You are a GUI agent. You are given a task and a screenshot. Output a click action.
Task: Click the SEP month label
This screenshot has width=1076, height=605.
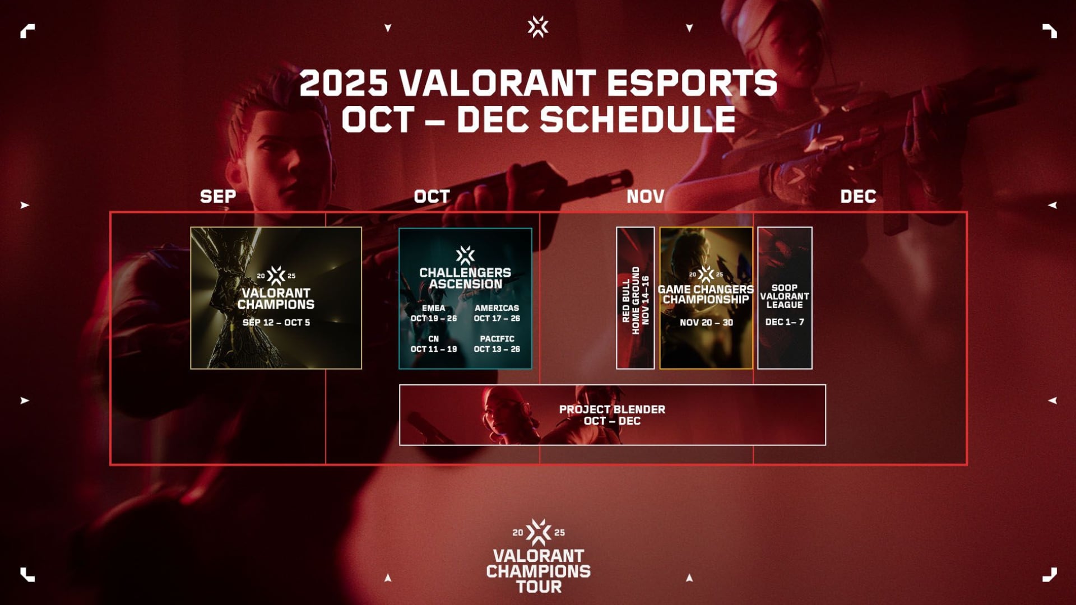click(x=218, y=197)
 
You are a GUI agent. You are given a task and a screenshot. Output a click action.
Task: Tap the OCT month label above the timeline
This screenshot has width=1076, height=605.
click(x=432, y=197)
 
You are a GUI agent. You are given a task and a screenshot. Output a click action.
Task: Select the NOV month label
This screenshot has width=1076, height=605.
click(x=645, y=197)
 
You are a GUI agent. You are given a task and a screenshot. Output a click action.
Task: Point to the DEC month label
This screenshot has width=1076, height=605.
click(x=858, y=197)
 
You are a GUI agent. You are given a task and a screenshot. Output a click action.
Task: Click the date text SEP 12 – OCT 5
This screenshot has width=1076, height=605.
click(x=276, y=323)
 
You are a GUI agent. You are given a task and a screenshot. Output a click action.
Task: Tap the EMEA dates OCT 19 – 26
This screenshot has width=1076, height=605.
click(x=434, y=318)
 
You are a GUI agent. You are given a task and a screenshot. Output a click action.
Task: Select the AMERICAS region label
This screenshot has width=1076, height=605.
click(x=497, y=308)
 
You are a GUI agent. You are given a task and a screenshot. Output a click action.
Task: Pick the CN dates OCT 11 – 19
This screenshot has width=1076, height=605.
click(x=434, y=349)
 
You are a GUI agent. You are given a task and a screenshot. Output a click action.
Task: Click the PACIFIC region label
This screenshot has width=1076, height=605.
click(x=497, y=339)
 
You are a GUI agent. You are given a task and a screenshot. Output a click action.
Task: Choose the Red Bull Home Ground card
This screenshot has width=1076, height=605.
click(x=636, y=298)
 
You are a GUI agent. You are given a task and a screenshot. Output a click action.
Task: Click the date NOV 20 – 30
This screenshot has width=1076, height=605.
click(x=706, y=323)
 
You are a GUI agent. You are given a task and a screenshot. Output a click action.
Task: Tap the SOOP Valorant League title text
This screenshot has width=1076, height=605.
click(x=785, y=296)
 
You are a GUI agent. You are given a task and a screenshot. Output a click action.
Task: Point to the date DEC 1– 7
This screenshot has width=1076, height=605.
click(x=785, y=322)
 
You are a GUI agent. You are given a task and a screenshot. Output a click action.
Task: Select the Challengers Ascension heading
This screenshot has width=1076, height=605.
click(x=465, y=278)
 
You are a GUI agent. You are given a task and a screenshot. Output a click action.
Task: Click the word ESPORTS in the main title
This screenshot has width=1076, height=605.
click(x=692, y=83)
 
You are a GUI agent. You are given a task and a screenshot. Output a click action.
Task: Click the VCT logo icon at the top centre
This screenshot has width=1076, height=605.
click(x=538, y=27)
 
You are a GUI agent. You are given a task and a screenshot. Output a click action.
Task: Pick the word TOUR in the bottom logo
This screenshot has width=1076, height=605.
click(x=539, y=587)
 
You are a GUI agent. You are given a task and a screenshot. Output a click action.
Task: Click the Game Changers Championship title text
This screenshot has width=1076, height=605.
click(x=706, y=294)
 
